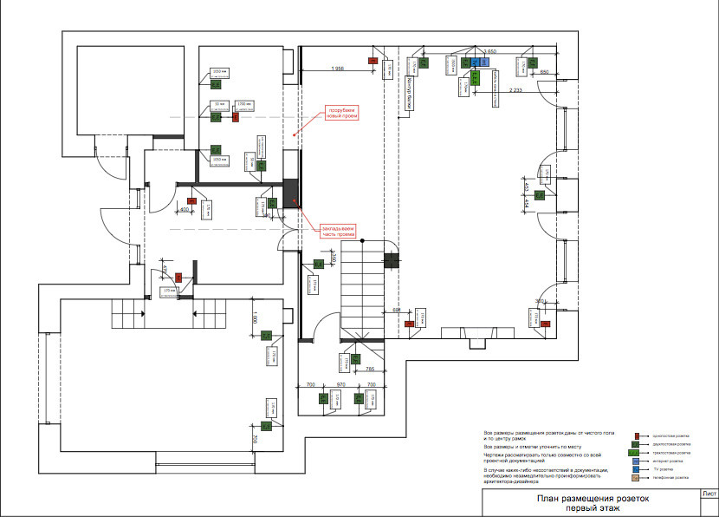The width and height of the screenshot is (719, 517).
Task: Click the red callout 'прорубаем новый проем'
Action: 340,113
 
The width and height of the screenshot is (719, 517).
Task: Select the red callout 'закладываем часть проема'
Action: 339,231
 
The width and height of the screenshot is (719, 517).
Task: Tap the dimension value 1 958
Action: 337,69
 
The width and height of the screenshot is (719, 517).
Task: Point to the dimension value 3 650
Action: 489,53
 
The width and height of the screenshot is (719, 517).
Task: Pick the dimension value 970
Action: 340,383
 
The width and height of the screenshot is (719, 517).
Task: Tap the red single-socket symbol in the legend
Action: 636,435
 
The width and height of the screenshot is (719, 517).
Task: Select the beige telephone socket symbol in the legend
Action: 636,478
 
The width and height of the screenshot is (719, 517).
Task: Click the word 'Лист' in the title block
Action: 709,494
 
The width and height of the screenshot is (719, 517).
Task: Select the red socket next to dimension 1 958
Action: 373,61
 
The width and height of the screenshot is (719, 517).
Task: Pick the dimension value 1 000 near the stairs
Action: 254,318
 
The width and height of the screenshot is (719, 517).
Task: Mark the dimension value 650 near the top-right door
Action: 545,72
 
